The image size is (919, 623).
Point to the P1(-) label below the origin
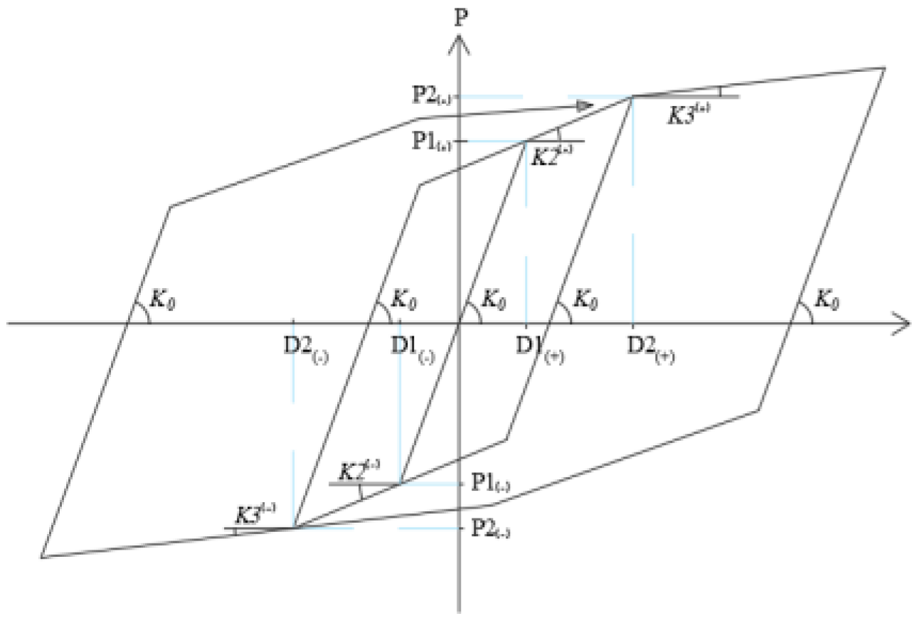coord(490,484)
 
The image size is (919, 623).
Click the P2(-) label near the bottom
coord(490,529)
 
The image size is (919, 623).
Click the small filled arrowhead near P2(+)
coord(584,106)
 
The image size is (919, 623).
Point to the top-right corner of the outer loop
coord(884,68)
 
